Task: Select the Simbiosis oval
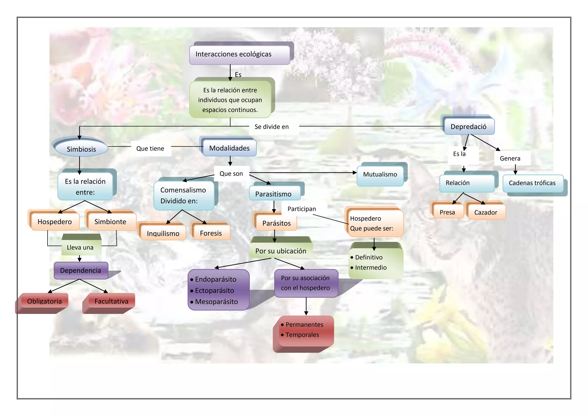point(81,149)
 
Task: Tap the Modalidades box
point(229,148)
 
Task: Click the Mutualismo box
point(380,175)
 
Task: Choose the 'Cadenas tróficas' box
point(532,183)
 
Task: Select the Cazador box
point(486,213)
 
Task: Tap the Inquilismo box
point(163,233)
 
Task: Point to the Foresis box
point(211,233)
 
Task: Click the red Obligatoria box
point(45,301)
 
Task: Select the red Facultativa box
point(111,301)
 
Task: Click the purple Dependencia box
point(81,270)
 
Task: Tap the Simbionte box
point(111,222)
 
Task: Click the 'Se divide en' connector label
point(272,127)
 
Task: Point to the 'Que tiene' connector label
point(150,149)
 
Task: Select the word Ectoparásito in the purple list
point(214,290)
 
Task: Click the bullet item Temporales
point(302,335)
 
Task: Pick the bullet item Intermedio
point(371,267)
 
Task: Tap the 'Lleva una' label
point(80,247)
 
